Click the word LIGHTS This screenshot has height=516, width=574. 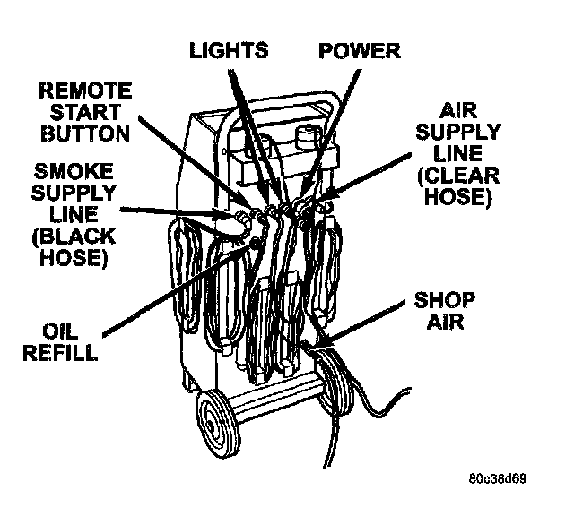229,50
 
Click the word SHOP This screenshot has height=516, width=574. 445,301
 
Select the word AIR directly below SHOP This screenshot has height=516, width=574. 445,321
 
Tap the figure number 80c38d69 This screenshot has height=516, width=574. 497,477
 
